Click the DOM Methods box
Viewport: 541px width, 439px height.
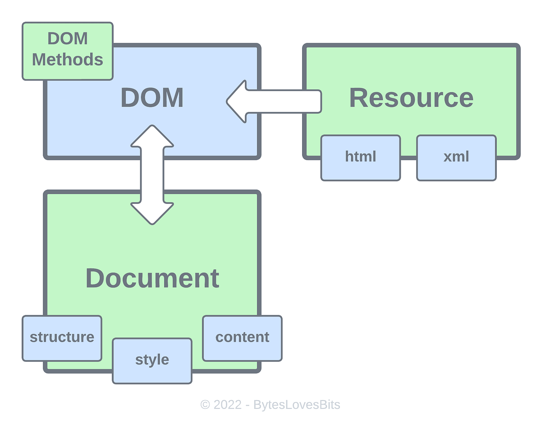(x=68, y=51)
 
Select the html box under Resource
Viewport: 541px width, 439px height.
(x=360, y=158)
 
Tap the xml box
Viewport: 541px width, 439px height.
(x=456, y=158)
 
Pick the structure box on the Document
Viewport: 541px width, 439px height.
(x=62, y=338)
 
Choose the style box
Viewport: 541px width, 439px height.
(x=152, y=361)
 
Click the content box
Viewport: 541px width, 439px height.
(x=242, y=338)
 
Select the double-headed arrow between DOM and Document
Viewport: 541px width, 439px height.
(x=152, y=175)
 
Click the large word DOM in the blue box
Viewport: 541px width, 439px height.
(x=152, y=98)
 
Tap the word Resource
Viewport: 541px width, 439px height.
(x=411, y=98)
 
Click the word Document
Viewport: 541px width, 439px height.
(x=152, y=278)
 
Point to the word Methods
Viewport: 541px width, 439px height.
(x=68, y=60)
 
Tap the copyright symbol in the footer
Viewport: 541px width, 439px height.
(x=205, y=405)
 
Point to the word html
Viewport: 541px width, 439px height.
(x=360, y=157)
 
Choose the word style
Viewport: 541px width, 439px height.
(x=152, y=360)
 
